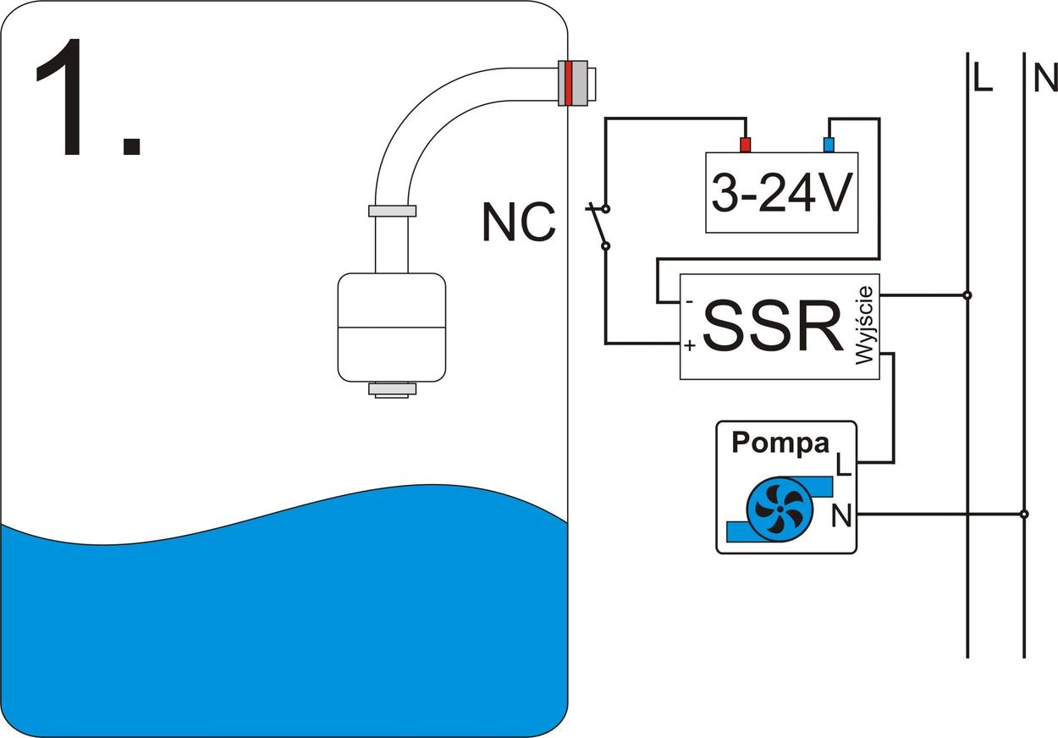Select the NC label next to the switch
[519, 223]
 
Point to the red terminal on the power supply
[746, 144]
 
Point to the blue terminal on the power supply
[829, 144]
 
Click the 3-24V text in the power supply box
[781, 194]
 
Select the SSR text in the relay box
[772, 326]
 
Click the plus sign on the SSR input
[690, 345]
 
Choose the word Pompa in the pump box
[780, 443]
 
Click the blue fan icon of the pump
[779, 509]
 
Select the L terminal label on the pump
[843, 465]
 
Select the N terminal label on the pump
[841, 515]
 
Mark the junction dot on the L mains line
[967, 295]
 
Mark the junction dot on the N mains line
[1024, 514]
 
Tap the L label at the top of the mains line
[983, 79]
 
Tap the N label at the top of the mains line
[1044, 79]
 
